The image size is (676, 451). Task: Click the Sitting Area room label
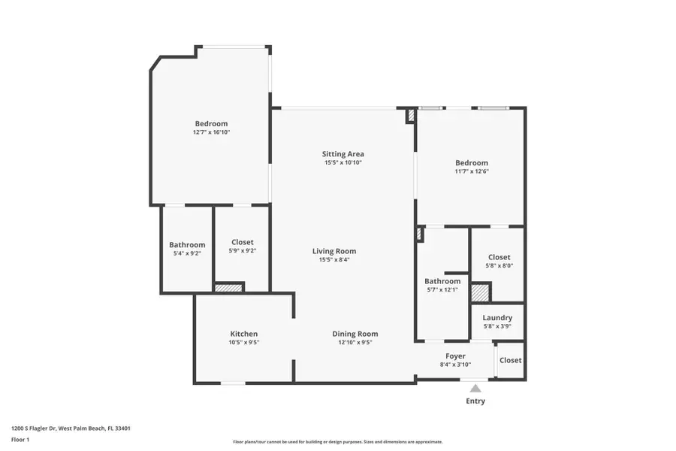(x=343, y=154)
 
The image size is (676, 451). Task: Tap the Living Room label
(x=334, y=251)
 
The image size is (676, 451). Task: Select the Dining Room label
(x=355, y=334)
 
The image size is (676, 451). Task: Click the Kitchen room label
(x=244, y=334)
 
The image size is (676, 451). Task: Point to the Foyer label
(x=455, y=356)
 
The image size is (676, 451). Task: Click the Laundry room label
(x=497, y=318)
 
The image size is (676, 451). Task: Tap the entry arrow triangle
(x=475, y=389)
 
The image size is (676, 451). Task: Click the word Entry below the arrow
(x=475, y=401)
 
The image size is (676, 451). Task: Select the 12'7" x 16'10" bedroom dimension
(x=211, y=132)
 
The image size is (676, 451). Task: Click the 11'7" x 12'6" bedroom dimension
(x=472, y=171)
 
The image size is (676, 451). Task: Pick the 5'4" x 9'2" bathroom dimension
(x=187, y=253)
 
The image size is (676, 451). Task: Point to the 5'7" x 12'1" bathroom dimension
(x=442, y=289)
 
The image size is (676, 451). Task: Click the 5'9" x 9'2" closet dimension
(x=242, y=251)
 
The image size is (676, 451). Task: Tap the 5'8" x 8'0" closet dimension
(x=499, y=265)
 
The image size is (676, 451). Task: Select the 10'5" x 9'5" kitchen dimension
(x=244, y=342)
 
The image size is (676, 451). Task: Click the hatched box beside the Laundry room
(x=480, y=292)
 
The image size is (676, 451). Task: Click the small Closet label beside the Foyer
(x=510, y=360)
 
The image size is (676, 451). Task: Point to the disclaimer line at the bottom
(x=338, y=442)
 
